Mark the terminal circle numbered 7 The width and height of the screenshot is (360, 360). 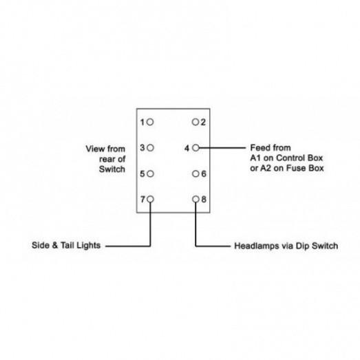tap(150, 200)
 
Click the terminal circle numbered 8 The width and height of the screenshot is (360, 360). tap(195, 200)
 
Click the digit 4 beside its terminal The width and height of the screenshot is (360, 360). tap(187, 148)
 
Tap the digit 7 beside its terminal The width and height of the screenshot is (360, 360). tap(142, 200)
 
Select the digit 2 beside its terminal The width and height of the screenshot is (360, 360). tap(203, 123)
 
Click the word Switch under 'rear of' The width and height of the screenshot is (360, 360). tap(112, 169)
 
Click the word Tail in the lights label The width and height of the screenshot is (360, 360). tap(67, 245)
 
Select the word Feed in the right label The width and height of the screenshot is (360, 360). tap(258, 147)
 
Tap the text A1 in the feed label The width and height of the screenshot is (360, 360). tap(255, 158)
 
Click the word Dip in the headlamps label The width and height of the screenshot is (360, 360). tap(303, 246)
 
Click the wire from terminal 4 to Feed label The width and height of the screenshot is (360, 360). tap(222, 148)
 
